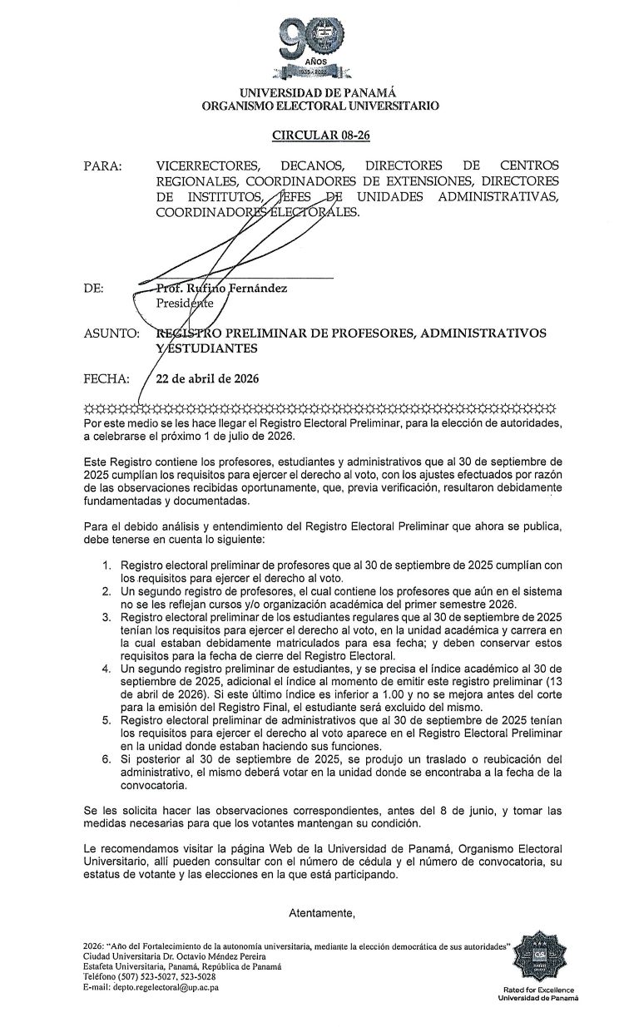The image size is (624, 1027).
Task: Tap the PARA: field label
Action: point(102,166)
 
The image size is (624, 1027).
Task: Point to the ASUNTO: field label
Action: point(111,333)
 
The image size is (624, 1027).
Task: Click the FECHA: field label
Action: point(106,379)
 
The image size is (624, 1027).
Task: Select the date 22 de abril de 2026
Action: point(208,379)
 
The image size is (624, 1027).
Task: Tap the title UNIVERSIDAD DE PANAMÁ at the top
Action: point(317,93)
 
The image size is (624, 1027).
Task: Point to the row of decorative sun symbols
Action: point(319,409)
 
